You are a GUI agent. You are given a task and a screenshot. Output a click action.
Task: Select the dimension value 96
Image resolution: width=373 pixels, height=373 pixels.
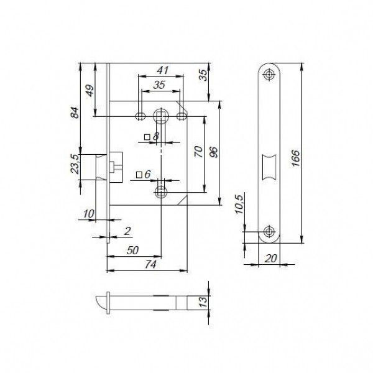coord(214,152)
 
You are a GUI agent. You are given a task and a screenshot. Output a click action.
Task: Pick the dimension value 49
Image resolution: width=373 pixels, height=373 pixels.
coord(89,90)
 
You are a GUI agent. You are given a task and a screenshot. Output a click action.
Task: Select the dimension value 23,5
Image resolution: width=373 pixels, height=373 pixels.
coord(76,164)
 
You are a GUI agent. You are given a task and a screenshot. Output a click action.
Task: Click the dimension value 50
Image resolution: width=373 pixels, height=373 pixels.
coord(132,251)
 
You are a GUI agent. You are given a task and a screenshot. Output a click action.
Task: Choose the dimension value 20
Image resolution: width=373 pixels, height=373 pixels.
coord(269,257)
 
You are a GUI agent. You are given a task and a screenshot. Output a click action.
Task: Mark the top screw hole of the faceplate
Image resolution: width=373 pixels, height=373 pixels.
coord(269,75)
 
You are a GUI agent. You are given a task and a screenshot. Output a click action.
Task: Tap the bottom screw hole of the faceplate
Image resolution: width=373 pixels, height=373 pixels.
coord(269,232)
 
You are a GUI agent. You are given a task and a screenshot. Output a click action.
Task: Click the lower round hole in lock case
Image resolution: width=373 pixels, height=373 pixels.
coord(161,190)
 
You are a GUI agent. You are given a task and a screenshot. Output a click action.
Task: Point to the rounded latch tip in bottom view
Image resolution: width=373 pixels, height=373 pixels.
coord(103,303)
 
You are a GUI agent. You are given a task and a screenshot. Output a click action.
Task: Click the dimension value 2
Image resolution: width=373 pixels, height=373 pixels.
coord(127,231)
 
